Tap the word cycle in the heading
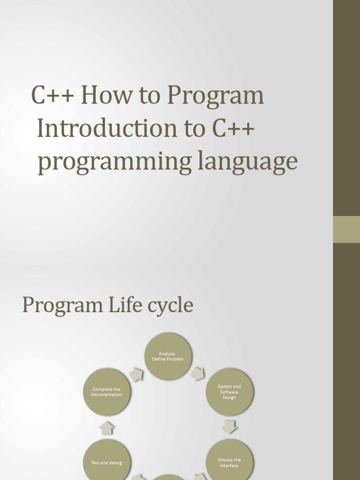(171, 306)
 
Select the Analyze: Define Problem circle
(168, 356)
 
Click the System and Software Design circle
(229, 392)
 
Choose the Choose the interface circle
(229, 462)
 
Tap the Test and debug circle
(106, 462)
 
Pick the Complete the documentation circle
(106, 392)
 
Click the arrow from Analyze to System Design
(198, 374)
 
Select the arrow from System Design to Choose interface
(230, 427)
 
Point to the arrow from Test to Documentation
(107, 427)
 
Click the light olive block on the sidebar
(346, 229)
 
